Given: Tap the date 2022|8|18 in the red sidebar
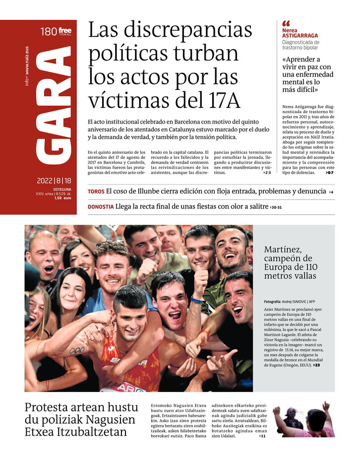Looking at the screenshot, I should tap(54, 181).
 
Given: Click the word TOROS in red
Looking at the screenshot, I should tap(96, 192).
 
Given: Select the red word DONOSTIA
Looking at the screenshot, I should tap(101, 207).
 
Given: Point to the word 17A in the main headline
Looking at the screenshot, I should tap(221, 100).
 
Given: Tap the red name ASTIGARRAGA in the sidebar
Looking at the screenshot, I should tap(300, 36).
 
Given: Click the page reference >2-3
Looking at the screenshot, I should tap(267, 173).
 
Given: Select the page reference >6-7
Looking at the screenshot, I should tap(330, 173).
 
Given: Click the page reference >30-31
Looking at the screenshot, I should tap(276, 207).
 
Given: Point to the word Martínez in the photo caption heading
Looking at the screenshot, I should tap(283, 250).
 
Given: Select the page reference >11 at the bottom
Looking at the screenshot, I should tap(262, 436).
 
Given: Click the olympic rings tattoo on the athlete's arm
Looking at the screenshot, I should tap(76, 350).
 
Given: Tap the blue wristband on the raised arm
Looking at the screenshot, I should tap(197, 301).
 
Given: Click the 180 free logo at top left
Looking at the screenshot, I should tap(56, 32).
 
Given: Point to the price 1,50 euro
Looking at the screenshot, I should tap(62, 198).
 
